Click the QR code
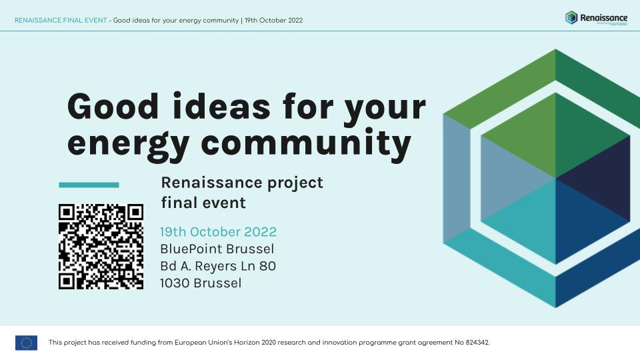pos(101,247)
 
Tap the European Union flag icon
pos(26,343)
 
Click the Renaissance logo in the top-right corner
pos(596,18)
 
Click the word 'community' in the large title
pos(307,143)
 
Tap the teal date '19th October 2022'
pos(218,232)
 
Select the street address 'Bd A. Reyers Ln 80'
pos(218,266)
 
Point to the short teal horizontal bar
pos(89,185)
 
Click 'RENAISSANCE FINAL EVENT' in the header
pos(60,20)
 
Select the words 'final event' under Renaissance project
pos(203,202)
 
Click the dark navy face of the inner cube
pos(593,177)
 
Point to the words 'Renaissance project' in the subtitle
pos(242,183)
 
